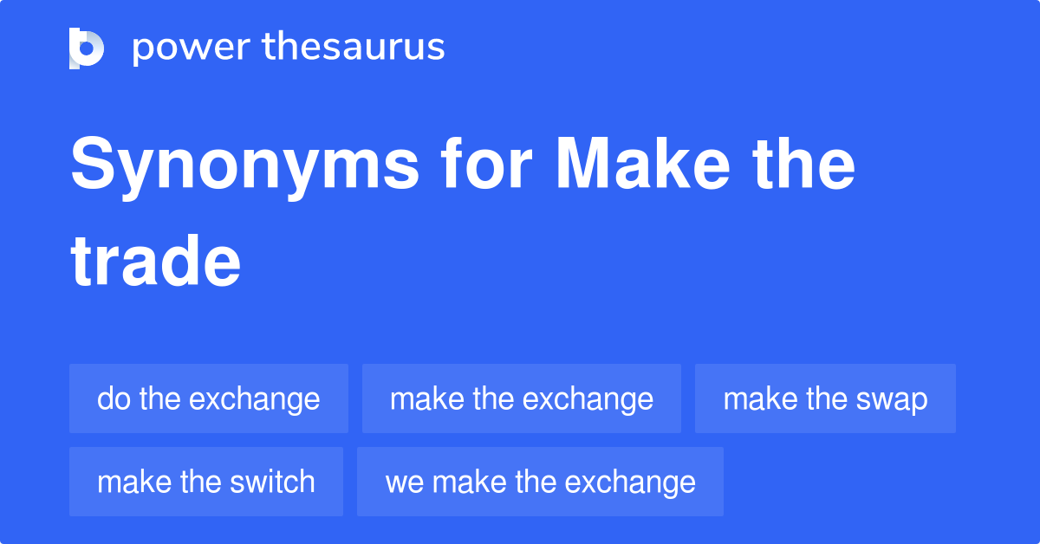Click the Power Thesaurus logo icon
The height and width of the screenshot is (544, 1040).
(87, 48)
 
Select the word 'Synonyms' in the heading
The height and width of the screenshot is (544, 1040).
(244, 166)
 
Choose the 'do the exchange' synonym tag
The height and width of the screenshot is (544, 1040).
(209, 398)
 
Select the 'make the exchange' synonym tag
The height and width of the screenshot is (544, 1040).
(522, 398)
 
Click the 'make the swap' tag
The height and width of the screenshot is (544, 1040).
(825, 398)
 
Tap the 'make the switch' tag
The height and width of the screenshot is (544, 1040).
(206, 482)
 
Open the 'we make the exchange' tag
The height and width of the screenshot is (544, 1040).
(540, 482)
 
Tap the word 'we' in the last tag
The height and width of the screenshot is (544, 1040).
(401, 482)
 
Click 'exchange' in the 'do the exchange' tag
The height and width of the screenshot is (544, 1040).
(254, 398)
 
